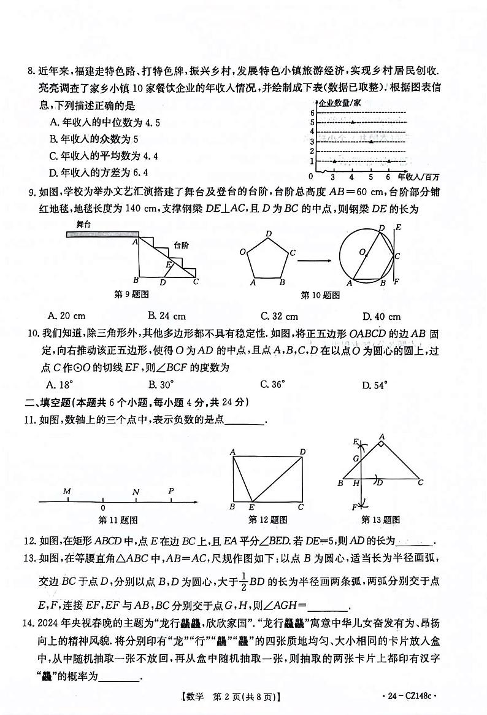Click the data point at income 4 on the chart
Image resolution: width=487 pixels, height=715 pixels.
pos(352,122)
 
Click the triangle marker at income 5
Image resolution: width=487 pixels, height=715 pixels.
pos(370,142)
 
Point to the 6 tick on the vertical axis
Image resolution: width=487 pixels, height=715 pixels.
pos(312,113)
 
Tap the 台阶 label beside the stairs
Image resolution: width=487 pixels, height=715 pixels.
pos(181,245)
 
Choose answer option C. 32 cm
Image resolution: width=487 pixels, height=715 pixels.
pos(279,316)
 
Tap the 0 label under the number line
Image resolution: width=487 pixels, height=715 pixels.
pos(102,508)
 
